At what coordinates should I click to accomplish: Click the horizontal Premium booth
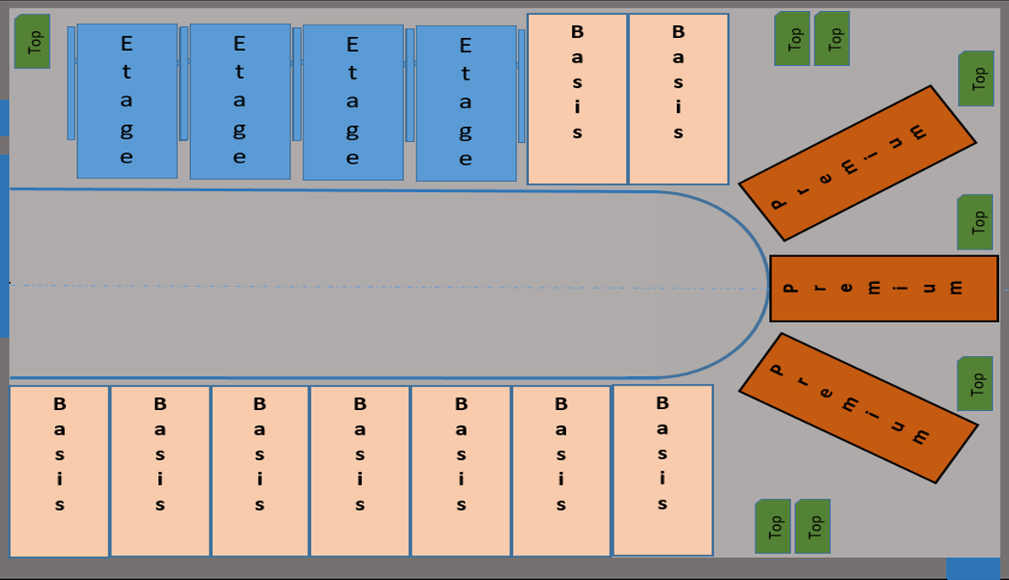pos(883,288)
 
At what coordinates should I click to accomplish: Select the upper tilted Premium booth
pos(857,163)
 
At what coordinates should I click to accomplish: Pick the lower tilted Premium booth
pos(858,408)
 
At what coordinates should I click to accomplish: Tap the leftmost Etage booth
pos(127,101)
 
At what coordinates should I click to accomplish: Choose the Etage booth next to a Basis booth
pos(466,102)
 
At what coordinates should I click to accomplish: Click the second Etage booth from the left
pos(240,101)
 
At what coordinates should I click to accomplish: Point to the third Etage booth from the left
pos(352,102)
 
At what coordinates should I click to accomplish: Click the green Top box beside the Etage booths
pos(32,41)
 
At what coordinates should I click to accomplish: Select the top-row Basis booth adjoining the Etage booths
pos(577,99)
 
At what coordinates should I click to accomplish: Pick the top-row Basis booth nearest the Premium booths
pos(678,99)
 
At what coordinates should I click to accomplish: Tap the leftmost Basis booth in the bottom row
pos(59,471)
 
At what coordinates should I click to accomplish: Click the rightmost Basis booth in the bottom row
pos(663,470)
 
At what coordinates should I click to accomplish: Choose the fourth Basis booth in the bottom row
pos(360,471)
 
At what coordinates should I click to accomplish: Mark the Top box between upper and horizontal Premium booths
pos(974,222)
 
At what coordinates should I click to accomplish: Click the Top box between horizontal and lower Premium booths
pos(974,384)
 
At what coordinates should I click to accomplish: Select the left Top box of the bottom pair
pos(772,526)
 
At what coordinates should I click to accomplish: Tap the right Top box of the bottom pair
pos(812,526)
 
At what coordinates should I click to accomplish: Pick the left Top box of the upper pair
pos(792,38)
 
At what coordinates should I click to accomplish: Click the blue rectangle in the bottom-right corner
pos(973,568)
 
